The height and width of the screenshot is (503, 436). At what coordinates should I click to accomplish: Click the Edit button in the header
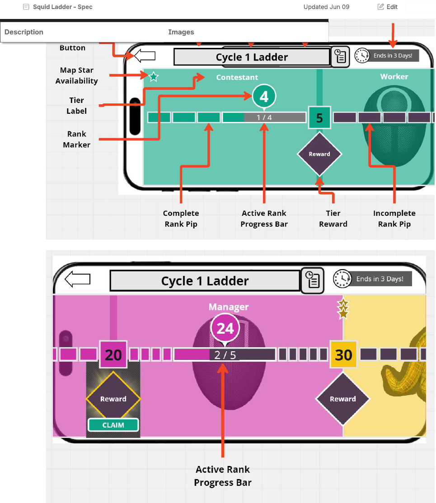[388, 7]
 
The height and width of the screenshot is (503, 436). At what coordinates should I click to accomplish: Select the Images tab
[181, 32]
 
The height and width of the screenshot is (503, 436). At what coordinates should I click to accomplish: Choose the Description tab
[24, 32]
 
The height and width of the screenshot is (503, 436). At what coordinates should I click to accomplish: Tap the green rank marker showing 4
[264, 96]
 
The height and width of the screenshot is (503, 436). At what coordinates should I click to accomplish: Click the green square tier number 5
[319, 118]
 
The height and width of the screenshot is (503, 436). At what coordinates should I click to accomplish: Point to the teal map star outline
[154, 77]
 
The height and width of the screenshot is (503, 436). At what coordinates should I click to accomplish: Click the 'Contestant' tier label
[237, 77]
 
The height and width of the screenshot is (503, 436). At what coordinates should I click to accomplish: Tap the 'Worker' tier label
[394, 77]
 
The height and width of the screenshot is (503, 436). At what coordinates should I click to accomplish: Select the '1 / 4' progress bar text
[264, 118]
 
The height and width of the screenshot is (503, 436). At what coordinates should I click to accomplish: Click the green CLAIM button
[113, 425]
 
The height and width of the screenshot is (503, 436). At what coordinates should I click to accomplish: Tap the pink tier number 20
[113, 355]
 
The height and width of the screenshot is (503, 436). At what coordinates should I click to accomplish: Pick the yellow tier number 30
[343, 355]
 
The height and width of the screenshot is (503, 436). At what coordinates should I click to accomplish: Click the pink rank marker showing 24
[225, 328]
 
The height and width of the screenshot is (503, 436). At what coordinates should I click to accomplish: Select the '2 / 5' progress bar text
[225, 355]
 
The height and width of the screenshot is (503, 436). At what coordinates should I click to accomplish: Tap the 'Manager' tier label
[229, 307]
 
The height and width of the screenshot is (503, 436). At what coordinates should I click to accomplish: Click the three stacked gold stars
[343, 309]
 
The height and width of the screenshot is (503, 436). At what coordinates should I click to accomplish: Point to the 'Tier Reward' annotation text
[333, 219]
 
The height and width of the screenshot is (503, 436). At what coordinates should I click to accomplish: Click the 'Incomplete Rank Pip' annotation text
[394, 219]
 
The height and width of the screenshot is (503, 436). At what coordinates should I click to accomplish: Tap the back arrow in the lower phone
[78, 279]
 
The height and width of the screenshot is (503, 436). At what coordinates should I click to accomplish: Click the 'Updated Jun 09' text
[326, 7]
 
